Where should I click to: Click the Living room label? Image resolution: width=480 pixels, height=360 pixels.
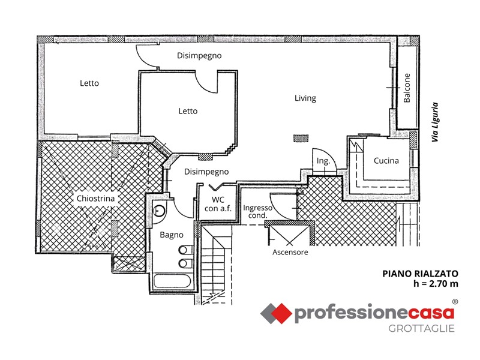pos(305,98)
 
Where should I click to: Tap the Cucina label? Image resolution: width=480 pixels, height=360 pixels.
pos(386,161)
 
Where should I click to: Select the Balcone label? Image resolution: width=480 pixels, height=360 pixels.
pos(407,88)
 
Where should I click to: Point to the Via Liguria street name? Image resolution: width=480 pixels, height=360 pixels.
pos(435,122)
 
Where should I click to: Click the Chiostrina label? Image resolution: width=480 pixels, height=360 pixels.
pos(95,199)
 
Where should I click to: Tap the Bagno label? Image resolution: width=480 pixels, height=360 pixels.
pos(172,235)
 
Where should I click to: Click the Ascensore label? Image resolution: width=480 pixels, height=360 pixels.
pos(290,252)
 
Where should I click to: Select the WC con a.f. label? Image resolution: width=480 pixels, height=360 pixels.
pos(218,204)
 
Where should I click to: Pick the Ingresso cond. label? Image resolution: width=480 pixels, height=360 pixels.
pos(257,212)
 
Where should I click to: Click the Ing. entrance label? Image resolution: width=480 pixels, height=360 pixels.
pos(323,161)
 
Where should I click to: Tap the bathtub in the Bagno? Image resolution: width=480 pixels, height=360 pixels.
pos(172,281)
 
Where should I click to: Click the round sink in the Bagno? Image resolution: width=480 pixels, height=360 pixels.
pos(159,211)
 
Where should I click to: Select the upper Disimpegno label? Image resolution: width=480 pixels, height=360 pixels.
pos(199,56)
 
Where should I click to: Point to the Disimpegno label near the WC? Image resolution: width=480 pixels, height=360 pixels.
pos(206,172)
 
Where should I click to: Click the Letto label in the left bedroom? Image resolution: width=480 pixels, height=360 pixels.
pos(89,83)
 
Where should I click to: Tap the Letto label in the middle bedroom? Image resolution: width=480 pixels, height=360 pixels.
pos(188,111)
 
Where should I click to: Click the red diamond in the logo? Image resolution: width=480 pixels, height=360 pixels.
pos(281,313)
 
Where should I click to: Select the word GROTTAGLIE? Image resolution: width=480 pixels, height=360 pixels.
pos(421,329)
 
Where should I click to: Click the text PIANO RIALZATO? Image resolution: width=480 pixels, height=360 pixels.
pos(421,274)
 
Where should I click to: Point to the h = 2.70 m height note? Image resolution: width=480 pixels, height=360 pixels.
pos(436,284)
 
